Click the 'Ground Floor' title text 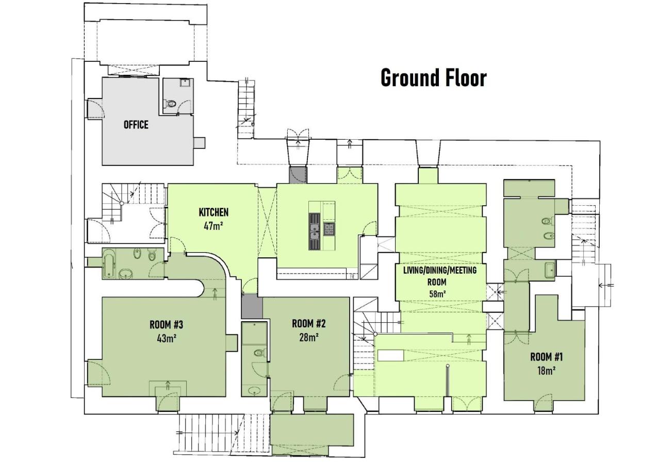tap(434, 78)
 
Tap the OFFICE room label tap(136, 125)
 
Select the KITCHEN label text tap(213, 212)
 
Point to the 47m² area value tap(213, 225)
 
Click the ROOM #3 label tap(166, 325)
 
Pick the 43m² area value tap(167, 339)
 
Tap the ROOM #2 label tap(309, 324)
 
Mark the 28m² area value tap(309, 338)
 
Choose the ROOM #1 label tap(547, 357)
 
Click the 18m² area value tap(547, 371)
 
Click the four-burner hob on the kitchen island tap(329, 229)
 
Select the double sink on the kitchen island tap(315, 231)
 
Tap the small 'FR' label tap(352, 276)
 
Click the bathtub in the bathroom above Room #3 tap(108, 263)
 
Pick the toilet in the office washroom tap(170, 103)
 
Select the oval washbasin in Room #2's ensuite tap(254, 390)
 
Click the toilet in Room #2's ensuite tap(260, 352)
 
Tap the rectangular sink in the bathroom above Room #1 tap(550, 270)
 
